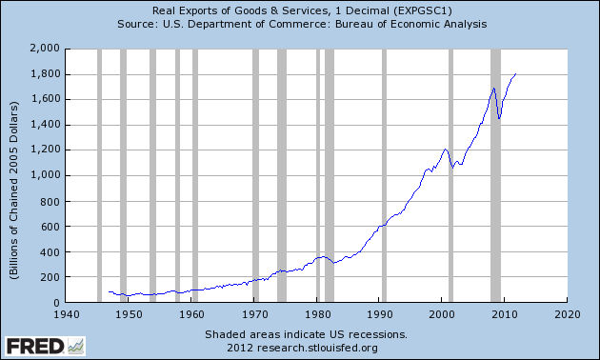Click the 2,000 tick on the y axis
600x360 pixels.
(45, 49)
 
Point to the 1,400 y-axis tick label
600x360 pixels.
(45, 125)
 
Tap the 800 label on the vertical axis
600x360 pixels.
(50, 201)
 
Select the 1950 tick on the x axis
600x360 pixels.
(128, 314)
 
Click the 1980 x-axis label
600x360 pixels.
(316, 314)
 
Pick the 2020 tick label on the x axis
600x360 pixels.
(568, 314)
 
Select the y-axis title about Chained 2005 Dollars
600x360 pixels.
(13, 190)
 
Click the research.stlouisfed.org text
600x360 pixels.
(317, 348)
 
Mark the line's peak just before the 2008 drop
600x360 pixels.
(493, 89)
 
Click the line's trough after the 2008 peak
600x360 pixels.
(499, 118)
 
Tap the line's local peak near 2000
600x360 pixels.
(445, 150)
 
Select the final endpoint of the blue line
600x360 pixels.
(515, 74)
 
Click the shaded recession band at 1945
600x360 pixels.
(99, 175)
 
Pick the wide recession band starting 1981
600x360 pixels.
(330, 175)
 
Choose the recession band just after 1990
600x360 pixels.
(384, 175)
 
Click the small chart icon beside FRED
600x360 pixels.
(76, 347)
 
